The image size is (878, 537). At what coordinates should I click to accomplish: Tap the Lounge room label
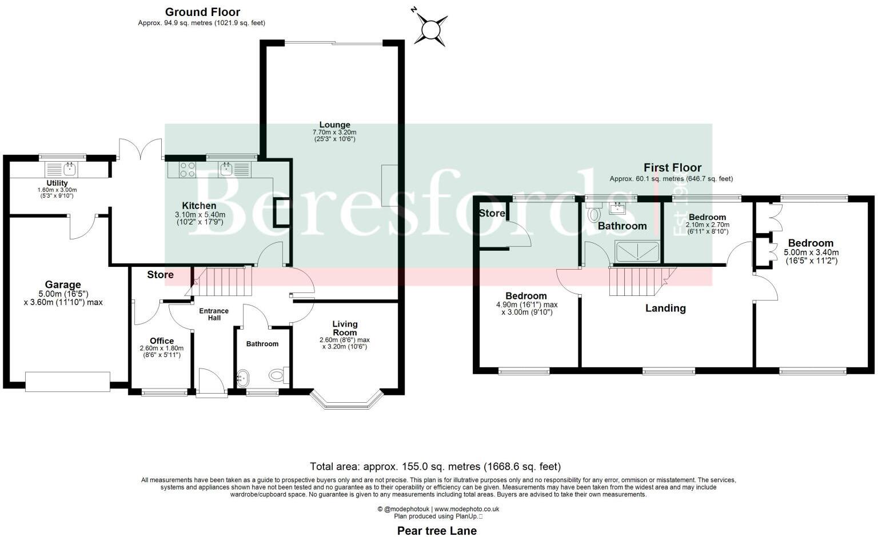tap(334, 125)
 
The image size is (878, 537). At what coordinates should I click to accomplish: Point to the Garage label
tap(63, 284)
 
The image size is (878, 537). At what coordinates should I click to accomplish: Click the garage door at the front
tap(67, 382)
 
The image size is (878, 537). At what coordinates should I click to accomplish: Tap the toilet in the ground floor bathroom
tap(278, 375)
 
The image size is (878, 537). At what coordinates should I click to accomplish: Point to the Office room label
tap(162, 340)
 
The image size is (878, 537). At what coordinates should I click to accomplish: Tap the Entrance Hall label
tap(214, 314)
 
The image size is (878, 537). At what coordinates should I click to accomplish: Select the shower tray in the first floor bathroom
tap(637, 251)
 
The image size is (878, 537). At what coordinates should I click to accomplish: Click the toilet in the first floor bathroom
tap(593, 213)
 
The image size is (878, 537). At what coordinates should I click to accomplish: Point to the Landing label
tap(665, 308)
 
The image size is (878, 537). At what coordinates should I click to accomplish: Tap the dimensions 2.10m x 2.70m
tap(708, 225)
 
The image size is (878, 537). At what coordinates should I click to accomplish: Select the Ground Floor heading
tap(202, 11)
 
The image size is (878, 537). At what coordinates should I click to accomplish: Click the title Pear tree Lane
tap(437, 530)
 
